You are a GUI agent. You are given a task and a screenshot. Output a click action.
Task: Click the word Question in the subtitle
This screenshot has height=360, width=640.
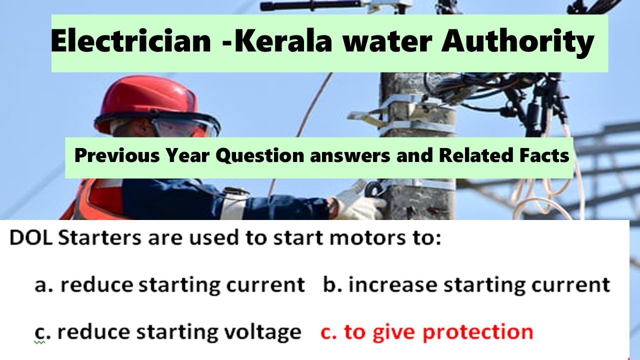(260, 156)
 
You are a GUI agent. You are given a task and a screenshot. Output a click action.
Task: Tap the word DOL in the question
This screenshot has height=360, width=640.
(31, 238)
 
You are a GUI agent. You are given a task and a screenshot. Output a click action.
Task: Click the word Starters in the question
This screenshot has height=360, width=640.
(98, 238)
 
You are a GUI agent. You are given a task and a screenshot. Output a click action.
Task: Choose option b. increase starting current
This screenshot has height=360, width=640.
(466, 285)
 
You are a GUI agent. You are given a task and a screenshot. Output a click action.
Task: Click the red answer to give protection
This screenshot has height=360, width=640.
(426, 332)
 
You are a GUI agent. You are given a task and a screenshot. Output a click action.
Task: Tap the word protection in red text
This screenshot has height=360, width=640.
(478, 332)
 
